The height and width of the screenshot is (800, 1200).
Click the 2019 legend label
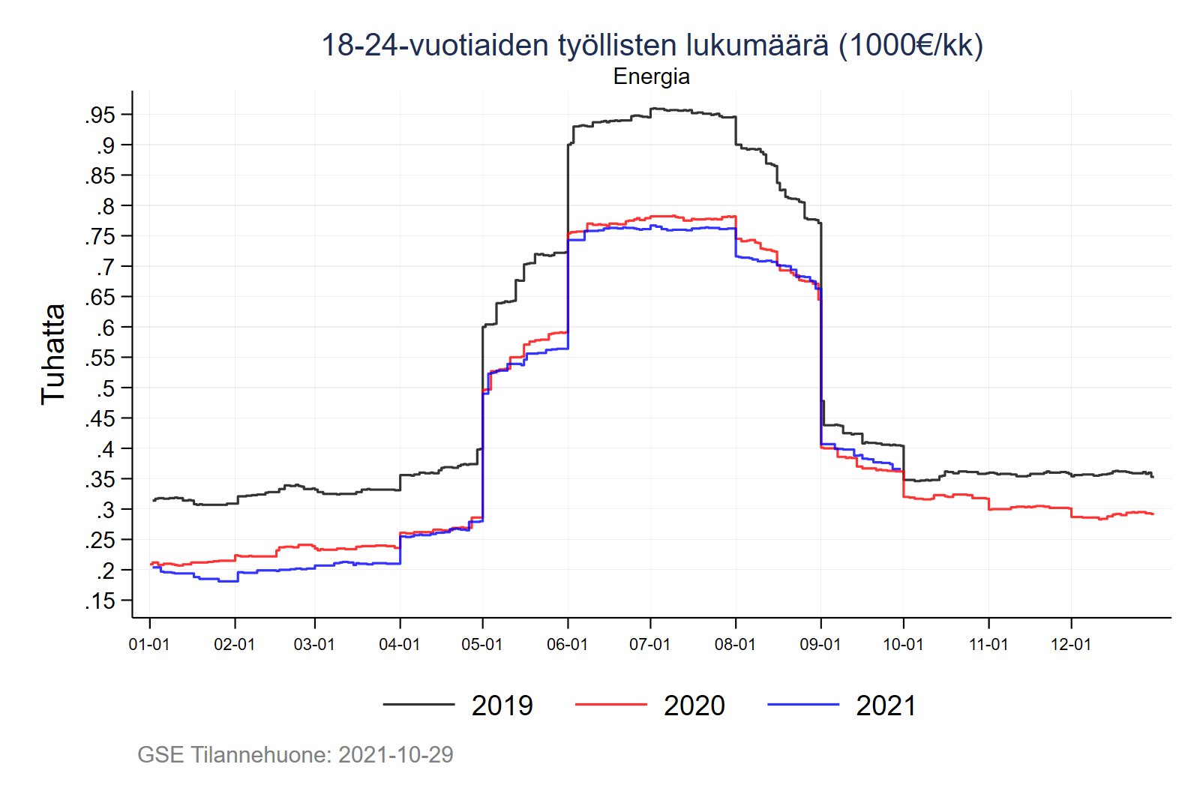pos(502,706)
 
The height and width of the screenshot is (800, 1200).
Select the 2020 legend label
pos(694,706)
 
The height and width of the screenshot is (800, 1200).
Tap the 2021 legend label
pos(886,706)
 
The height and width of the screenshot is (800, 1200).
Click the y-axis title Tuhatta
pos(53,354)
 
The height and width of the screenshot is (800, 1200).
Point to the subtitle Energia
pos(651,76)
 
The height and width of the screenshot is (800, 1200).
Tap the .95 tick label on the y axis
pos(100,115)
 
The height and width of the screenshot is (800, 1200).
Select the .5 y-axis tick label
pos(105,388)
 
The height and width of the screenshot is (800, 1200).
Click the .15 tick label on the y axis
pos(100,601)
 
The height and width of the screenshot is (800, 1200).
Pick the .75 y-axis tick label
pos(100,236)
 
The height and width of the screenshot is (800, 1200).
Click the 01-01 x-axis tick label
pos(149,645)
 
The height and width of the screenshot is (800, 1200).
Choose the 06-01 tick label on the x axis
pos(567,645)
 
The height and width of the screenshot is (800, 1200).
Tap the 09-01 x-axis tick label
pos(820,645)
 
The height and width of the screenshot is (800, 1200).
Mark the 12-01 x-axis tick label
pos(1071,645)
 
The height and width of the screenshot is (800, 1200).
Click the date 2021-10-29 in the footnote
pos(395,754)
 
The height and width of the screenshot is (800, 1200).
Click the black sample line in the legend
pos(418,705)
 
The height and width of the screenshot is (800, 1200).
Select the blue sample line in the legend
pos(802,705)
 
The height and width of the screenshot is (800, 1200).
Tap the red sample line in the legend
pos(610,705)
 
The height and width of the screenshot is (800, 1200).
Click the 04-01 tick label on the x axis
pos(400,645)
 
